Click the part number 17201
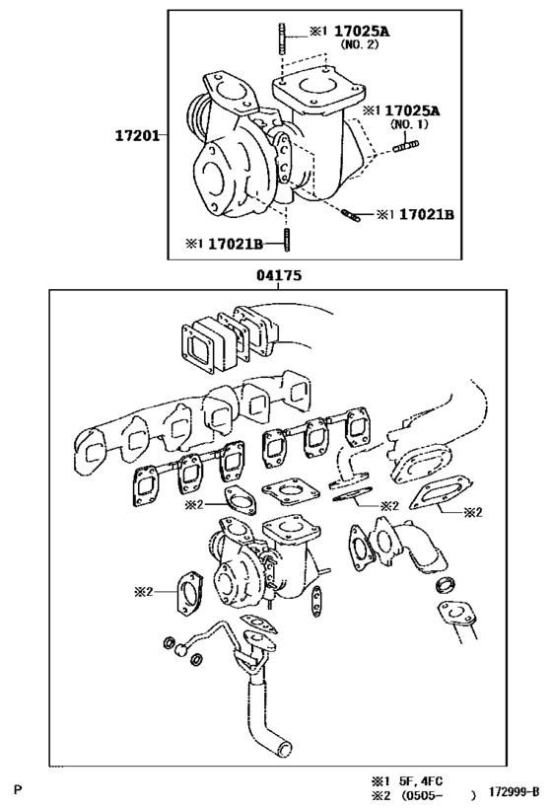(x=137, y=134)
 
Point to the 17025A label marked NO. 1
(x=413, y=111)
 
